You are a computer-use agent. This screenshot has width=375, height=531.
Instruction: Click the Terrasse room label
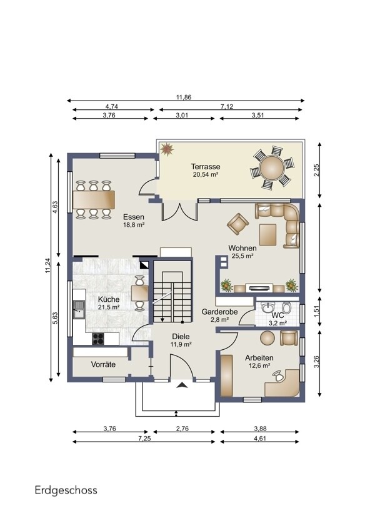205,167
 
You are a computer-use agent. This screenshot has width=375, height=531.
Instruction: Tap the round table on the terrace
272,167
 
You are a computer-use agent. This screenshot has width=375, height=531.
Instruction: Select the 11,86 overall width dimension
184,97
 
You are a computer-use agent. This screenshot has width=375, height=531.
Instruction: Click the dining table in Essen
94,200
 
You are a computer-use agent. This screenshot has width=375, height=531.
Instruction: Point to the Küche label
109,299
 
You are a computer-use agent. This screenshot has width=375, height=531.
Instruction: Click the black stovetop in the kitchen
98,339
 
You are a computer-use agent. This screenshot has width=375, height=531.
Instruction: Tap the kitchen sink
79,309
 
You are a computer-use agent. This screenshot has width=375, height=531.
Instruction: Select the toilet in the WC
287,307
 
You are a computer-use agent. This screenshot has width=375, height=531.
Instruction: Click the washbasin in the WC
268,307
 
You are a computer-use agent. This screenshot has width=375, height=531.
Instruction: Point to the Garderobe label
219,312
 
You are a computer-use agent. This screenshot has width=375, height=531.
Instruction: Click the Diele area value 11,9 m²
181,344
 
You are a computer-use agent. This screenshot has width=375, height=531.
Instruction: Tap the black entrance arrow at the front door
181,384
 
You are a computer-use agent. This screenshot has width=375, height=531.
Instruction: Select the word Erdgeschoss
66,490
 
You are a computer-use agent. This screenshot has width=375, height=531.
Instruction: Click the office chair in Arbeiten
278,375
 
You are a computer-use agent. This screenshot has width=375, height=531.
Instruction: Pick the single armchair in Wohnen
237,224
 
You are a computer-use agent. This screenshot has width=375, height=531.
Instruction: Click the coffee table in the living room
268,235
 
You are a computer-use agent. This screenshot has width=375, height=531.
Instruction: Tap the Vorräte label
103,365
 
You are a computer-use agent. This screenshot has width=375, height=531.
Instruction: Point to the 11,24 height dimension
47,265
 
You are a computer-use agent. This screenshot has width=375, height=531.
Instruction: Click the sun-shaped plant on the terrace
167,149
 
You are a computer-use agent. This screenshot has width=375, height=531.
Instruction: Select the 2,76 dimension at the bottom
182,429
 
